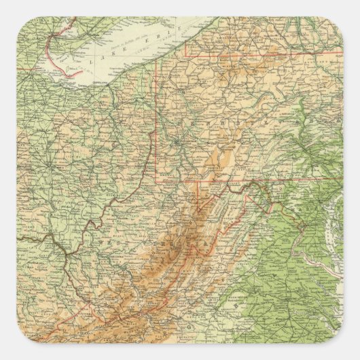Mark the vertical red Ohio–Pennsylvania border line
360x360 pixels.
(162, 122)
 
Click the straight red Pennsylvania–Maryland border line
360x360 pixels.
(272, 179)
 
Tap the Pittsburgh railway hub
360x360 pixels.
(178, 143)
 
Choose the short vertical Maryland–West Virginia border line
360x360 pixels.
(198, 190)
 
